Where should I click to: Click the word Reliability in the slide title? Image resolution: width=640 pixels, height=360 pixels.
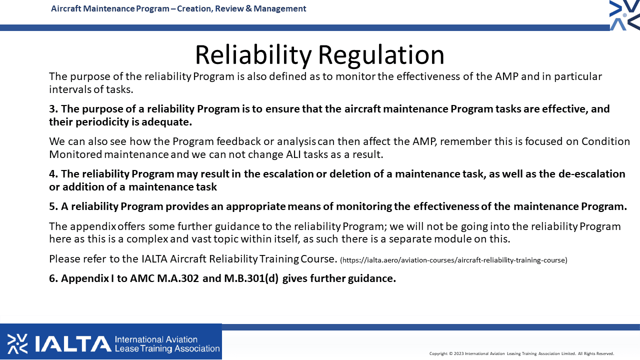253,55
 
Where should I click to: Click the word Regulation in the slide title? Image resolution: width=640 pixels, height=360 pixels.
381,55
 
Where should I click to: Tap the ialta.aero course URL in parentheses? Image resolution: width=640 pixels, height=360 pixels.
453,260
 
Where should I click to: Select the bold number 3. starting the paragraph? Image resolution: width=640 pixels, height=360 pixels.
53,109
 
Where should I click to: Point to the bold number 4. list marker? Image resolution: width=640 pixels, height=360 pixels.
53,173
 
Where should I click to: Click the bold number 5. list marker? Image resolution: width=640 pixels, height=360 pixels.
53,206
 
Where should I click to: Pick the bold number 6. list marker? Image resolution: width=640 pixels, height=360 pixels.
53,278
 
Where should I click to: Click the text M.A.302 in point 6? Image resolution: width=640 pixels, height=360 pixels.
178,278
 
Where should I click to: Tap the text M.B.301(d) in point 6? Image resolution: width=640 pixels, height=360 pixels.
251,278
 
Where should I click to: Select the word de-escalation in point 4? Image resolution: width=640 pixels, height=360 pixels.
591,173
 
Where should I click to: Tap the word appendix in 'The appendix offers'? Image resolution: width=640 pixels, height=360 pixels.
93,226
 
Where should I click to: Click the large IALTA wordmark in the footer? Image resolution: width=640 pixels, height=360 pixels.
73,343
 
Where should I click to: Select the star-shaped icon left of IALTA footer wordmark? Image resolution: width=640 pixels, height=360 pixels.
17,343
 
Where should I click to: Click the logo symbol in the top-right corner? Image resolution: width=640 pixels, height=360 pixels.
624,15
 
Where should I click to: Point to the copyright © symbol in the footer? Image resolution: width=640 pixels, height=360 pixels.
451,353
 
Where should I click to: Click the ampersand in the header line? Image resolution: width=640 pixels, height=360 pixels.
248,8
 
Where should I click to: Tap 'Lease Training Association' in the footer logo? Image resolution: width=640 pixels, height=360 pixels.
167,349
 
